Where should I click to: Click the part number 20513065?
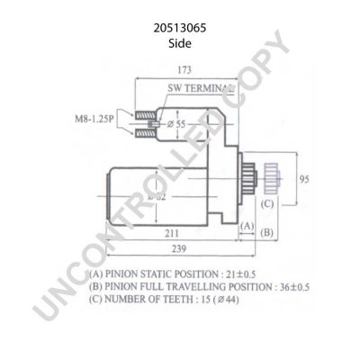tap(180, 28)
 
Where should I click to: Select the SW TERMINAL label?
tap(202, 90)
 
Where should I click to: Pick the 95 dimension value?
tap(304, 178)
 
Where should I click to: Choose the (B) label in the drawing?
tap(267, 233)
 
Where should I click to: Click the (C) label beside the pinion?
tap(267, 202)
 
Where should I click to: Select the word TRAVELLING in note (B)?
tap(198, 287)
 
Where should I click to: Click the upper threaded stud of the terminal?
tap(145, 113)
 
